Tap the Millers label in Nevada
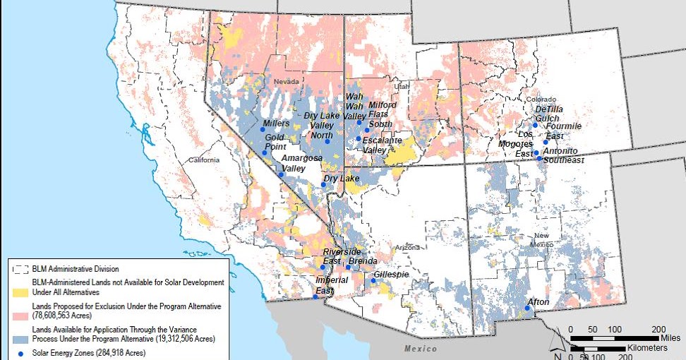click(276, 124)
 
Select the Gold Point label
click(275, 142)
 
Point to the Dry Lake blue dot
click(324, 185)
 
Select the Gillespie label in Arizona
click(391, 274)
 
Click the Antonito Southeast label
click(563, 156)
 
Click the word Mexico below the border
click(421, 349)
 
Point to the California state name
click(203, 160)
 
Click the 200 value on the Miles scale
click(658, 330)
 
